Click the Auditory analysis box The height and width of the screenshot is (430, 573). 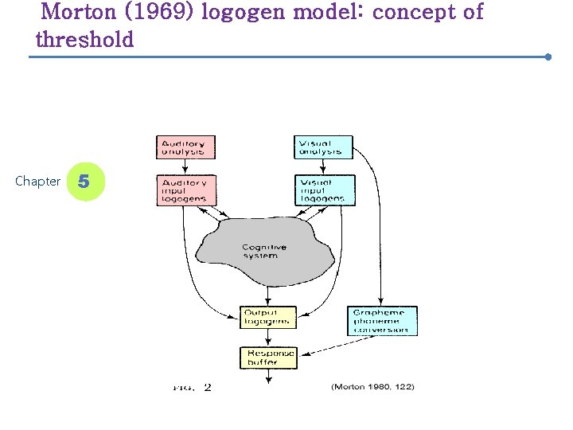pyautogui.click(x=185, y=147)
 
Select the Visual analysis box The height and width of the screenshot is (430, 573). pyautogui.click(x=323, y=147)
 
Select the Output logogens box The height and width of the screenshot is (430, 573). pyautogui.click(x=268, y=317)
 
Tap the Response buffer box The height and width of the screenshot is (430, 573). pyautogui.click(x=268, y=357)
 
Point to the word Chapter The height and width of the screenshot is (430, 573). pyautogui.click(x=37, y=182)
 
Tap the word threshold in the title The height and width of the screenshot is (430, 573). pyautogui.click(x=85, y=40)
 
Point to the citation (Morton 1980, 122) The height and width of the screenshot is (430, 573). pyautogui.click(x=372, y=387)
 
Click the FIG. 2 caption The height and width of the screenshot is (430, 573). pyautogui.click(x=192, y=388)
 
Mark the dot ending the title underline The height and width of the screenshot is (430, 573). pyautogui.click(x=548, y=57)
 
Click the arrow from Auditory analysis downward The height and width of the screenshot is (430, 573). pyautogui.click(x=185, y=166)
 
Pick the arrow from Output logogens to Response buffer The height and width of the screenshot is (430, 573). pyautogui.click(x=268, y=337)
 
